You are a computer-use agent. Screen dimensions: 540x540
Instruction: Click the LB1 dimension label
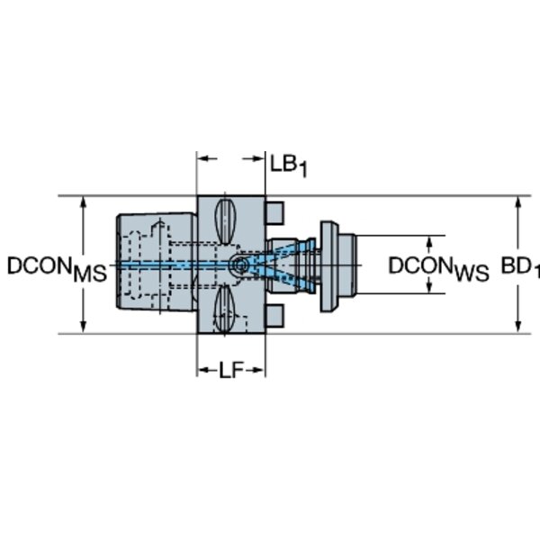(289, 166)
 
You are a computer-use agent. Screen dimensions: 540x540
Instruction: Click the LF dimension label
(230, 371)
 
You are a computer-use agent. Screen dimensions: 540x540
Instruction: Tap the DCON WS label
(439, 269)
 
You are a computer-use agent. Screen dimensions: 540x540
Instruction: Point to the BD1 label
(520, 267)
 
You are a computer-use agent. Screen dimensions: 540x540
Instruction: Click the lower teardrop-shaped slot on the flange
(224, 310)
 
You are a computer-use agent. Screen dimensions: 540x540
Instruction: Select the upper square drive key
(274, 213)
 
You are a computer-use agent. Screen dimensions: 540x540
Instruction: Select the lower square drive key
(274, 316)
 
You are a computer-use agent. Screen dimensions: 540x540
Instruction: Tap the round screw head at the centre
(240, 265)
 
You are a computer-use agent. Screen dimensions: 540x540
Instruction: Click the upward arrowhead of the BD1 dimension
(518, 203)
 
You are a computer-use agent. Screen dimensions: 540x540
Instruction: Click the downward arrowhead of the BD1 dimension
(518, 327)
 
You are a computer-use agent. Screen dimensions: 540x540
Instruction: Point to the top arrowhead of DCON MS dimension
(83, 203)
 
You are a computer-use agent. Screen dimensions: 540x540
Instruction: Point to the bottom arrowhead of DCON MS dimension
(83, 327)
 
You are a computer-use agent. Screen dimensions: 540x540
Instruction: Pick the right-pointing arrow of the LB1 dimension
(254, 158)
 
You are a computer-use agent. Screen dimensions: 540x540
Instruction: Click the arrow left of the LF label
(207, 371)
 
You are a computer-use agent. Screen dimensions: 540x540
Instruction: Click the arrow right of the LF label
(256, 371)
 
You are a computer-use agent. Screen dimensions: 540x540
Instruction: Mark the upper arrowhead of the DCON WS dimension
(429, 243)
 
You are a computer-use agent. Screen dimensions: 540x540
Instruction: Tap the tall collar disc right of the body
(328, 266)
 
